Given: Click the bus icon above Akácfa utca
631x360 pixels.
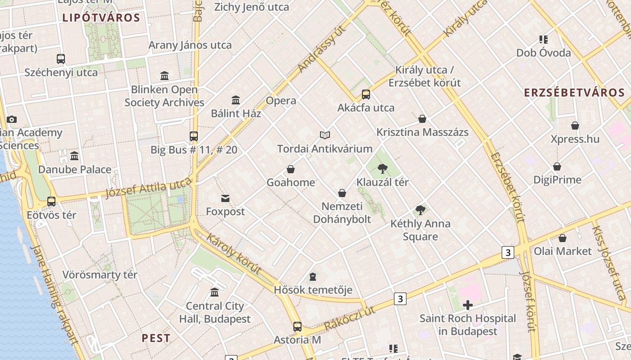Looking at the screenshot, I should coord(366,94).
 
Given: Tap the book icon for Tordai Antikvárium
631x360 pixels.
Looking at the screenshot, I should coord(325,135).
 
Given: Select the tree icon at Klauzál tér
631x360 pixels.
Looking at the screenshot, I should coord(382,169).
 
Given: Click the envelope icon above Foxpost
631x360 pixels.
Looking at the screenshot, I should coord(225,198).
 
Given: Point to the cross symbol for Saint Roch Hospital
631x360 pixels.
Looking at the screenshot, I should coord(468,305).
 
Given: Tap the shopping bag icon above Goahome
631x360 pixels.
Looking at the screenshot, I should coord(291,169).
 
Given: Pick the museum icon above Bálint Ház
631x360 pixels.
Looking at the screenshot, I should coord(236,100).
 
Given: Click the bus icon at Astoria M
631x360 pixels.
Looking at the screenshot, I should coord(297,327).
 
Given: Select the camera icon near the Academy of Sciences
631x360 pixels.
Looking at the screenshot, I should coord(12,119).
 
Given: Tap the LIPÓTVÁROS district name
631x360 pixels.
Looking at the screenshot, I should coord(101,18).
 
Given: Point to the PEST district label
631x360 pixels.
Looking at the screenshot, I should coord(156,338).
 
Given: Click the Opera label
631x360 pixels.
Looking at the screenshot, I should coord(281,100).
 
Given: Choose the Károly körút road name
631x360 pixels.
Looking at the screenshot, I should coord(234,253).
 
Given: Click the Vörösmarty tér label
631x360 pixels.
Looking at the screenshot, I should coord(100,274).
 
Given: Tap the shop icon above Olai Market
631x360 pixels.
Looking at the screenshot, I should coord(562,238).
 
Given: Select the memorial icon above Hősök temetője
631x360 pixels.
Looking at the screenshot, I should coord(313,276).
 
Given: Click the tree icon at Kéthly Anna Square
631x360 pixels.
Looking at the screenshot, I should coord(421,210).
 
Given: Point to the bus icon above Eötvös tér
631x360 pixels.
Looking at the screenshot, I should coord(51,202).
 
